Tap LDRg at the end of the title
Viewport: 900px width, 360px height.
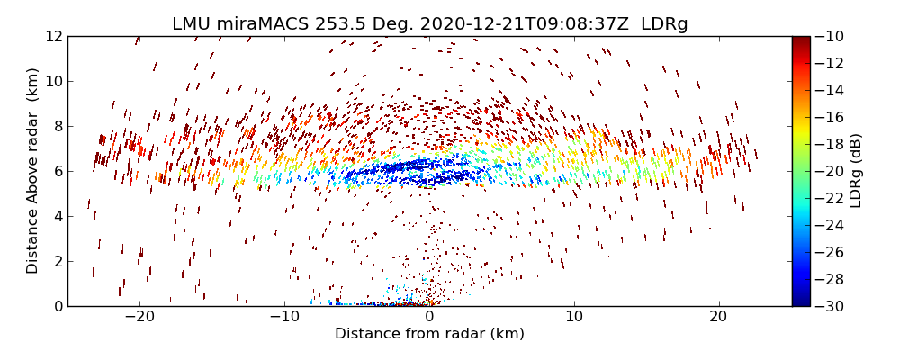(x=664, y=24)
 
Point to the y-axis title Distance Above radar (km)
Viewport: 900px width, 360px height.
(x=33, y=171)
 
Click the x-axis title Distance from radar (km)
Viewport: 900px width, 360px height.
(x=429, y=334)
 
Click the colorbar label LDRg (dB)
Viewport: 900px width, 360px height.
(x=856, y=171)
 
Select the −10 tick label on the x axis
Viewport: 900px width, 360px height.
(x=284, y=317)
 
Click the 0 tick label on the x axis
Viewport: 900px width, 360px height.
(x=429, y=317)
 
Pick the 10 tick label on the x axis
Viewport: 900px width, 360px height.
(x=574, y=317)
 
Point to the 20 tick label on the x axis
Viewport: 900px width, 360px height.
(x=718, y=317)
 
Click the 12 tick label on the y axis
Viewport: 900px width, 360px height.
(x=53, y=36)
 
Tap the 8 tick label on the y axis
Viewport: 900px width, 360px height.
(x=57, y=126)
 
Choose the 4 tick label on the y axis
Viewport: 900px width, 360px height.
(x=57, y=216)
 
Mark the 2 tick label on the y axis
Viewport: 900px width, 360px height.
(x=57, y=261)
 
